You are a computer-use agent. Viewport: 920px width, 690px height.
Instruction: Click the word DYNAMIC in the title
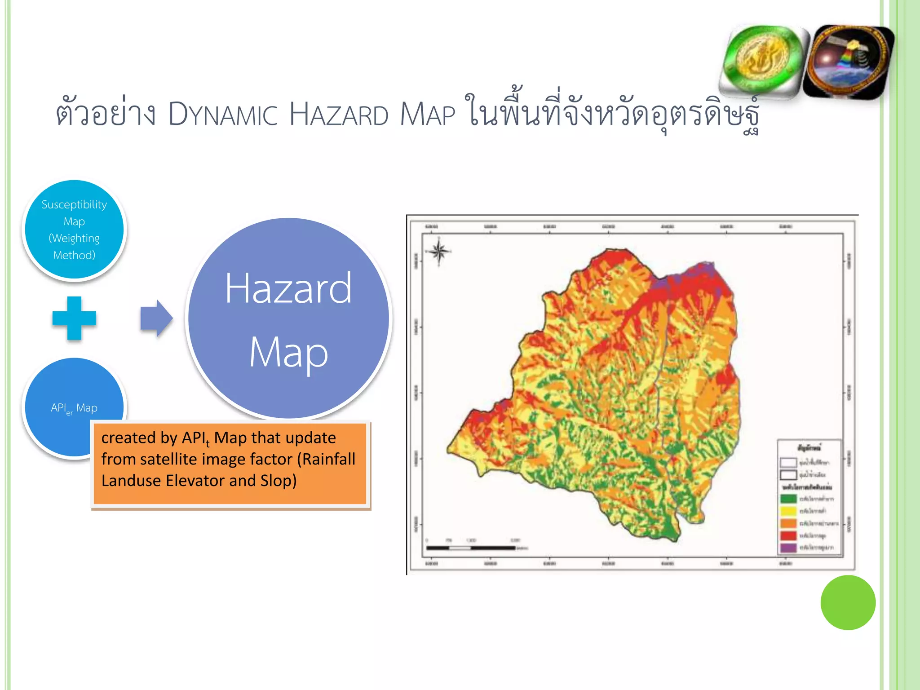223,115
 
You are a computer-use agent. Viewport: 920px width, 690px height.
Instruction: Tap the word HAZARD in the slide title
338,115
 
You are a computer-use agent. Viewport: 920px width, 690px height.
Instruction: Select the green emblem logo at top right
763,61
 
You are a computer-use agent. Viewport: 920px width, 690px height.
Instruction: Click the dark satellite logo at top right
848,62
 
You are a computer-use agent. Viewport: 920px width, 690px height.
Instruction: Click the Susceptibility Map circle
74,230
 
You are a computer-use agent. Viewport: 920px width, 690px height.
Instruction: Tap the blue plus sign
74,318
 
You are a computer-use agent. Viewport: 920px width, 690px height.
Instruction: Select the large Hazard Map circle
288,318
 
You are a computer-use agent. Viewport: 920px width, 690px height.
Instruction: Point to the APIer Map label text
74,408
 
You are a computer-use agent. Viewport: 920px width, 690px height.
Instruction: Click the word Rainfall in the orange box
328,459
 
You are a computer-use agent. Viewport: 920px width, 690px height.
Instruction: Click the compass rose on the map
439,252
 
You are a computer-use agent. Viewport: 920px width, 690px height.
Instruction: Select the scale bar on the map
471,548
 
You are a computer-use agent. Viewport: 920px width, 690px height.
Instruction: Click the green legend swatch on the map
788,499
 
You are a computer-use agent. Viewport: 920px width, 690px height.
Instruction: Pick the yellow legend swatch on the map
788,511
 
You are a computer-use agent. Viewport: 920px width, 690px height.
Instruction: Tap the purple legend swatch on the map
788,548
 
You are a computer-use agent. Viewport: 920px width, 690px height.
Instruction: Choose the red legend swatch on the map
788,535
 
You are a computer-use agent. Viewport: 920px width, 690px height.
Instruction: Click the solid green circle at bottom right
848,602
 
